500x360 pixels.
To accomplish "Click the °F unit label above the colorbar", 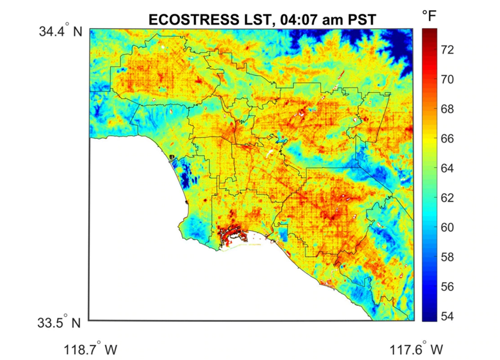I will [x=429, y=16].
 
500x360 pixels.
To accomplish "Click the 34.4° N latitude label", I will [x=60, y=32].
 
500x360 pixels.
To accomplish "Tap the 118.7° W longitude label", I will [x=91, y=350].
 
